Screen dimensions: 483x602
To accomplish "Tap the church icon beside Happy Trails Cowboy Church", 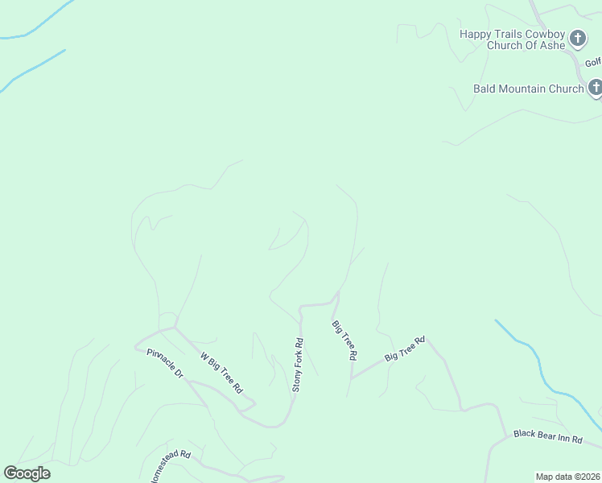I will point(577,37).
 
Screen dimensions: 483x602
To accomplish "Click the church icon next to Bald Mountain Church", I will point(595,87).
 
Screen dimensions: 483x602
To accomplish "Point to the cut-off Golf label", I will point(592,63).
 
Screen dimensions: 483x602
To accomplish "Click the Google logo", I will point(27,473).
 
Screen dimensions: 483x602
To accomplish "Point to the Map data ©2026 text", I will point(567,477).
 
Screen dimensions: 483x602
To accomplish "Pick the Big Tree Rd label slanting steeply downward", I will point(344,339).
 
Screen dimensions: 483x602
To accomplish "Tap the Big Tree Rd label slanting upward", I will point(404,349).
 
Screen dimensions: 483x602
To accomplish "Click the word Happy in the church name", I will point(476,34).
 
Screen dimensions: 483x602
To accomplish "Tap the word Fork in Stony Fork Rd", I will point(297,367).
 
